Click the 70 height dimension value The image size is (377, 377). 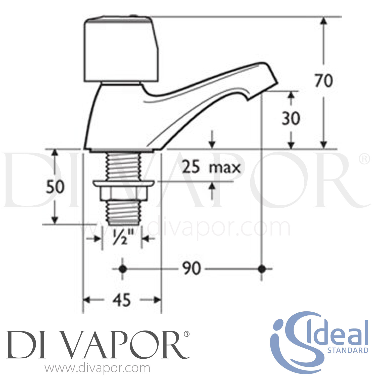[324, 81]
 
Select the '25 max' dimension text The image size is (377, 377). [211, 167]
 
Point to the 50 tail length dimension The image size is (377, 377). [55, 187]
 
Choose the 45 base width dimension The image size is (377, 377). [122, 300]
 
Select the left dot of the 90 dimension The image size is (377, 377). [122, 269]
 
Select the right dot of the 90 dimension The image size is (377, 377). [262, 269]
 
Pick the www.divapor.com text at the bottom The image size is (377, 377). [98, 368]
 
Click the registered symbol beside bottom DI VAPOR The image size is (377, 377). [186, 334]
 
